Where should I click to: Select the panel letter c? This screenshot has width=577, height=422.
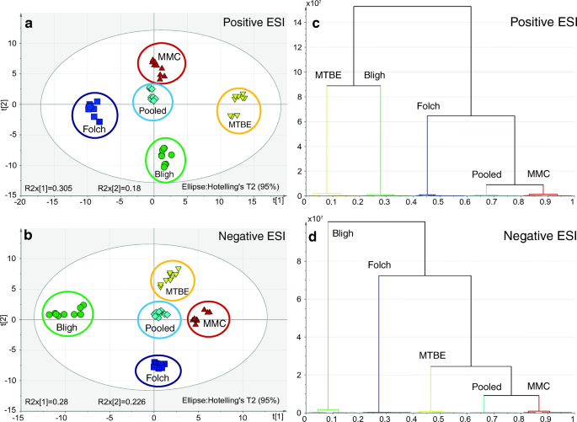point(316,23)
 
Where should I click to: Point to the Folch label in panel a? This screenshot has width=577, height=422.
point(93,131)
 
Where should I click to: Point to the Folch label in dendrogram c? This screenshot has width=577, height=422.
point(430,107)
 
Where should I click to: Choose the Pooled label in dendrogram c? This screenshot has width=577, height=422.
point(487,175)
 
